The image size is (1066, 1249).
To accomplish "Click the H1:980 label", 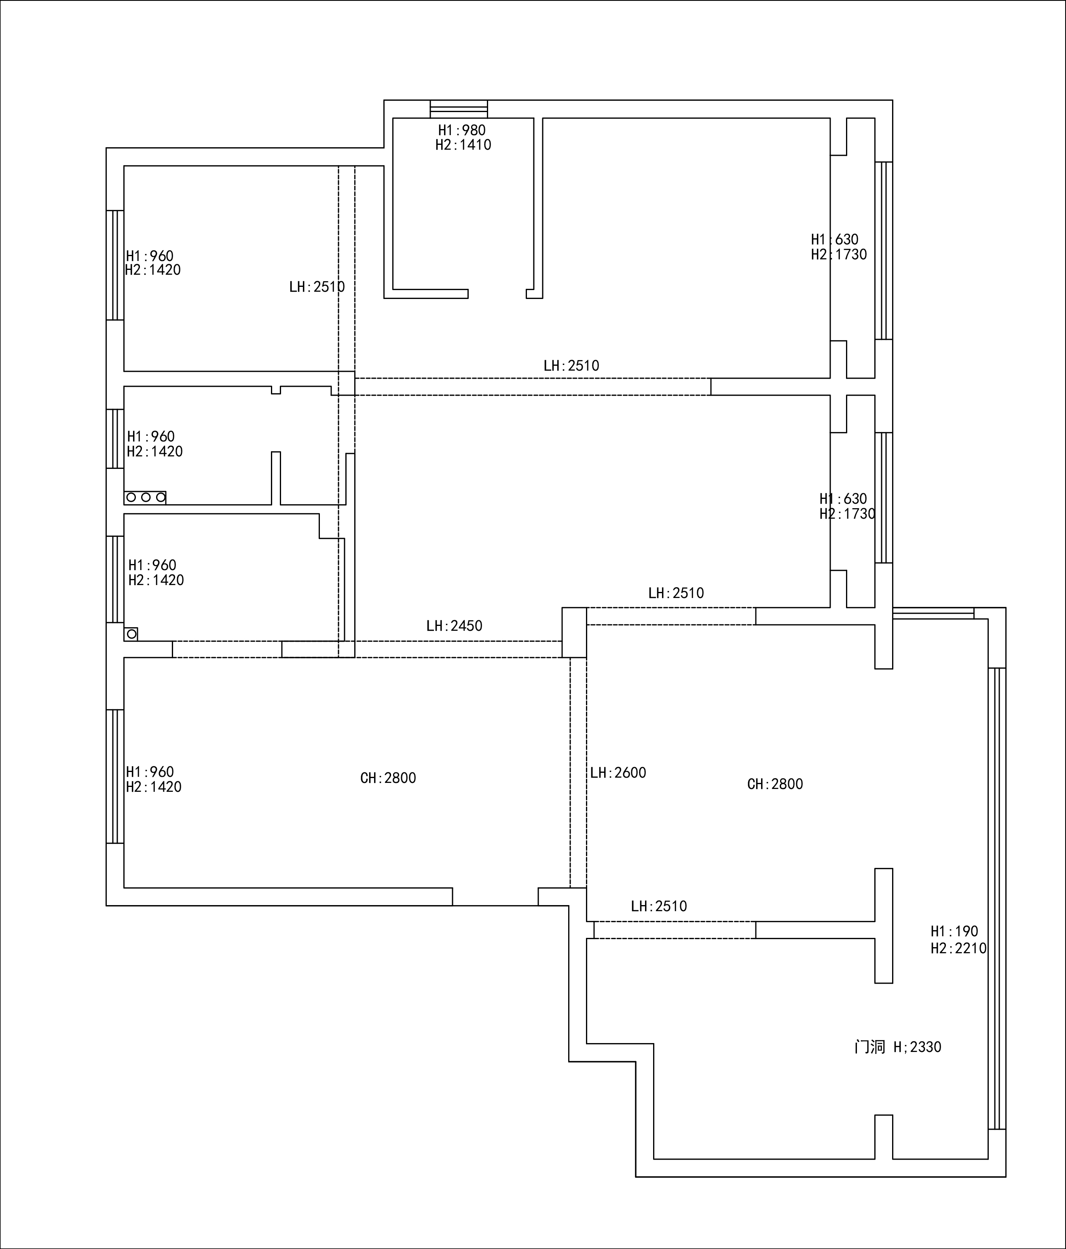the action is (461, 130).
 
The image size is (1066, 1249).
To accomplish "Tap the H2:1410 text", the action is (463, 145).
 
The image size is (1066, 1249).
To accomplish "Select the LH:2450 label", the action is (455, 626).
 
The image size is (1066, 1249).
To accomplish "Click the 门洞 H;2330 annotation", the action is (898, 1047).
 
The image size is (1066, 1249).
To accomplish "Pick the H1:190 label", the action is (954, 931).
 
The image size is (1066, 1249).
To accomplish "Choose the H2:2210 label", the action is (958, 948).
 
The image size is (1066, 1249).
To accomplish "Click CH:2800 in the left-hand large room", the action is (388, 778).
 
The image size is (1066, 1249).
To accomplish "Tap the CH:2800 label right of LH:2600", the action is (775, 784).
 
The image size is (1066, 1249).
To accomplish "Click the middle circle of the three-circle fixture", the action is (146, 497).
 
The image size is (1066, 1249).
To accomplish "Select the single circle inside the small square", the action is (131, 634).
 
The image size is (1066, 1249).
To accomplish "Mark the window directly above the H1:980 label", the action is (459, 109).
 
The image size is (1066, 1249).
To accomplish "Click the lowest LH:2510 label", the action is (659, 906).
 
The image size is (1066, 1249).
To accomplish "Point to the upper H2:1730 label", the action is (839, 254).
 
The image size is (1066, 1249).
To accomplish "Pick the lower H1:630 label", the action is (843, 499).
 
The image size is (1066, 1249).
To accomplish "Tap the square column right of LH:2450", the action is (574, 632).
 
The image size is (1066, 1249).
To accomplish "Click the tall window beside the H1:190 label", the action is (997, 898).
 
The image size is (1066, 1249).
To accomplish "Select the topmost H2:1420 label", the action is (153, 270).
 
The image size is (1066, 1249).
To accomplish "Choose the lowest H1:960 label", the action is (150, 772).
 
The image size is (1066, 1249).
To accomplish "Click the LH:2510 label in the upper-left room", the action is (317, 287).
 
